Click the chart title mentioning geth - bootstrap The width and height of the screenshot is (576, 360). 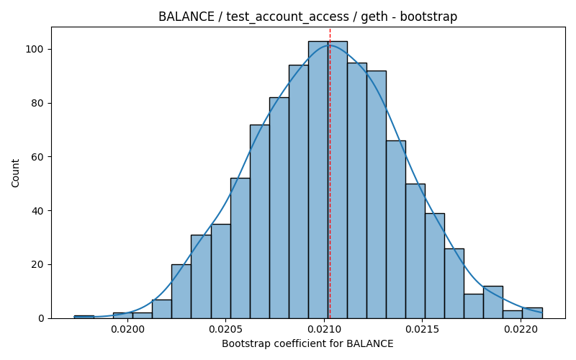308,17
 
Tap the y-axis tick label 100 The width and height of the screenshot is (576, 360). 35,49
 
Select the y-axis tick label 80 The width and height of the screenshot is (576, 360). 37,103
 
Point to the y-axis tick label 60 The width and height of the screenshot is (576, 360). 37,157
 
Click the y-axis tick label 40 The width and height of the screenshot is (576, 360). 37,211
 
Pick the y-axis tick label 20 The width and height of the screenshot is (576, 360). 37,264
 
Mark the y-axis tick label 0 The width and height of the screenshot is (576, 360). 40,318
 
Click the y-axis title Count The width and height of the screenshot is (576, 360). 15,173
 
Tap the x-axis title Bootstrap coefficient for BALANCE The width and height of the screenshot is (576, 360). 308,344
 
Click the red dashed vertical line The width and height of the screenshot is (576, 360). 330,173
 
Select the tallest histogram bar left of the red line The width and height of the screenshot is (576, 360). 318,179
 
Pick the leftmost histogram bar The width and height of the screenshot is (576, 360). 84,317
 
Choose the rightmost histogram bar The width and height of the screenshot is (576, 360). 532,313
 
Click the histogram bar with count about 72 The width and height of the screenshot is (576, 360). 260,222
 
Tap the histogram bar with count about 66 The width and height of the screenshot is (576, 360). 396,230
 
